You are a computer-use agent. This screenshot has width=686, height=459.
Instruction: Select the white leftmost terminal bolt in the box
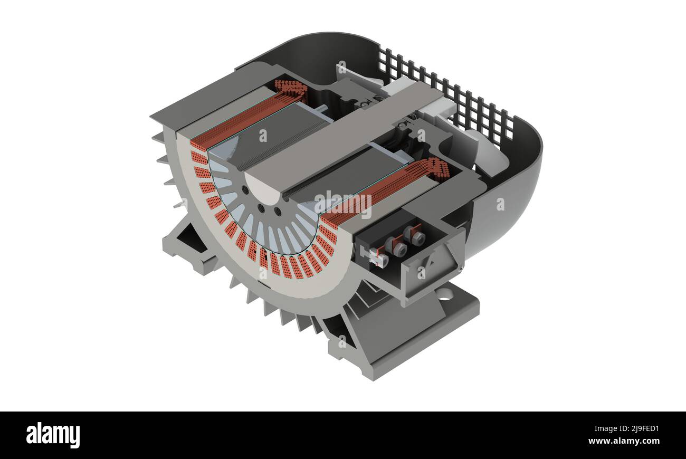375,258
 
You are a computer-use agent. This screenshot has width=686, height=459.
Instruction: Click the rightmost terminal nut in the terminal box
417,238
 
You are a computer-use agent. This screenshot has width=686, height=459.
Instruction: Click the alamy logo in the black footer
53,435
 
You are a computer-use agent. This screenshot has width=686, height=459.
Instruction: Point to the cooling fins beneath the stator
280,311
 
